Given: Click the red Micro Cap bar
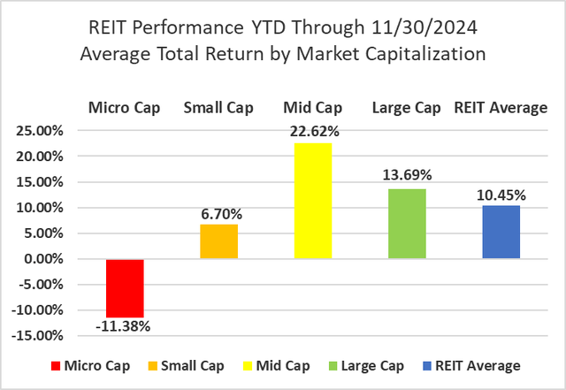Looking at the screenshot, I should pos(124,288).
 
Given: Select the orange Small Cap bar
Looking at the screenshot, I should pos(218,241).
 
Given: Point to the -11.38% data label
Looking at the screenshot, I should pos(124,326).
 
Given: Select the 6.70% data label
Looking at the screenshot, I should pos(218,214).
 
